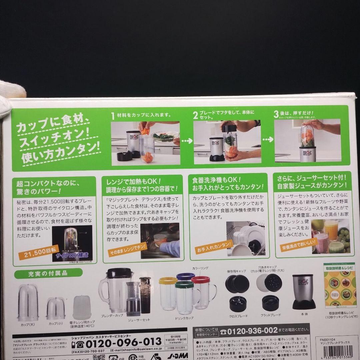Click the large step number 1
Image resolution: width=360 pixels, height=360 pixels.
113,115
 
